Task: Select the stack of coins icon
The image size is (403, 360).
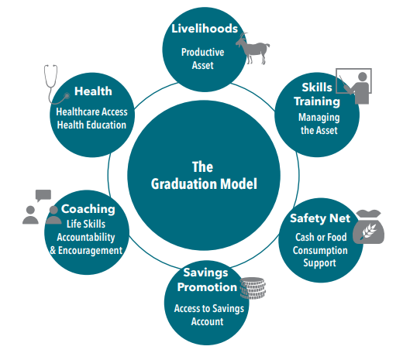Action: (253, 288)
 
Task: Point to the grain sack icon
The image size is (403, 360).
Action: (369, 227)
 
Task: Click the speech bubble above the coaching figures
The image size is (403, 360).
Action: (43, 195)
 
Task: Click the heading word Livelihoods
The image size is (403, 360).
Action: (205, 29)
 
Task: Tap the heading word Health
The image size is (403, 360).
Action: (93, 91)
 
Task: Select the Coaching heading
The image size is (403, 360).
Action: (88, 209)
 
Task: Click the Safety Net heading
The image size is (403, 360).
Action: (320, 218)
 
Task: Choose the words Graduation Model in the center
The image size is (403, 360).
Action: (204, 184)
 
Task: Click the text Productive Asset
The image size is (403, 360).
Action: (203, 59)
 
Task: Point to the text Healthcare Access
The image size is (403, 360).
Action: (91, 112)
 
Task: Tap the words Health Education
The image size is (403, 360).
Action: (91, 125)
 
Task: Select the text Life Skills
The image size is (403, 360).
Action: (86, 224)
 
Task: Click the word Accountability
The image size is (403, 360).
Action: (86, 238)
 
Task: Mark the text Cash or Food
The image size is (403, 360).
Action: (321, 237)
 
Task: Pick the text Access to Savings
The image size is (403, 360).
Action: (209, 309)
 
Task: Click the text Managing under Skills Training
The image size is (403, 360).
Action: (319, 118)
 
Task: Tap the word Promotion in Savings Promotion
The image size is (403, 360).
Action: (207, 287)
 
